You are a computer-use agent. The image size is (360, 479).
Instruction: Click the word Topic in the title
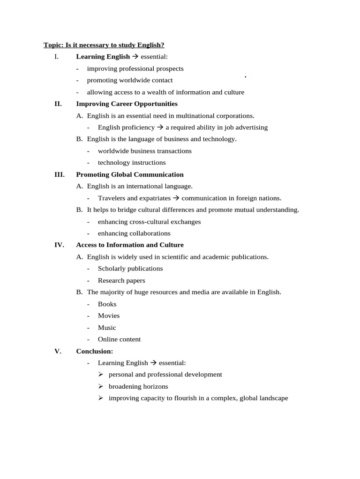(x=52, y=45)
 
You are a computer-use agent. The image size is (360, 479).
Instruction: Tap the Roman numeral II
(x=58, y=104)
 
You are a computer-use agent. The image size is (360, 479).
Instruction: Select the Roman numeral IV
(x=59, y=245)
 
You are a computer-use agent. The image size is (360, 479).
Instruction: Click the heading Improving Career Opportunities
(x=127, y=104)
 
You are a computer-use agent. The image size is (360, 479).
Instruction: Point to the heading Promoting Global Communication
(x=130, y=174)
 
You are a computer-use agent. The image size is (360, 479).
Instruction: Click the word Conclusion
(x=94, y=351)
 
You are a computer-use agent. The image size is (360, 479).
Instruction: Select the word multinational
(x=192, y=116)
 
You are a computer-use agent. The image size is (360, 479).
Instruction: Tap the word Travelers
(x=111, y=198)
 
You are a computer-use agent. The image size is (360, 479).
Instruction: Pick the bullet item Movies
(x=109, y=316)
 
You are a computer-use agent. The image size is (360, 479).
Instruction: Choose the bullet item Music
(x=107, y=327)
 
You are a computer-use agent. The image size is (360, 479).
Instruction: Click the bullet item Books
(x=107, y=304)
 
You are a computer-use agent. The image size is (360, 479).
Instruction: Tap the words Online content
(x=119, y=339)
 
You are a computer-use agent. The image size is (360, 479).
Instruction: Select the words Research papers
(x=121, y=281)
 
